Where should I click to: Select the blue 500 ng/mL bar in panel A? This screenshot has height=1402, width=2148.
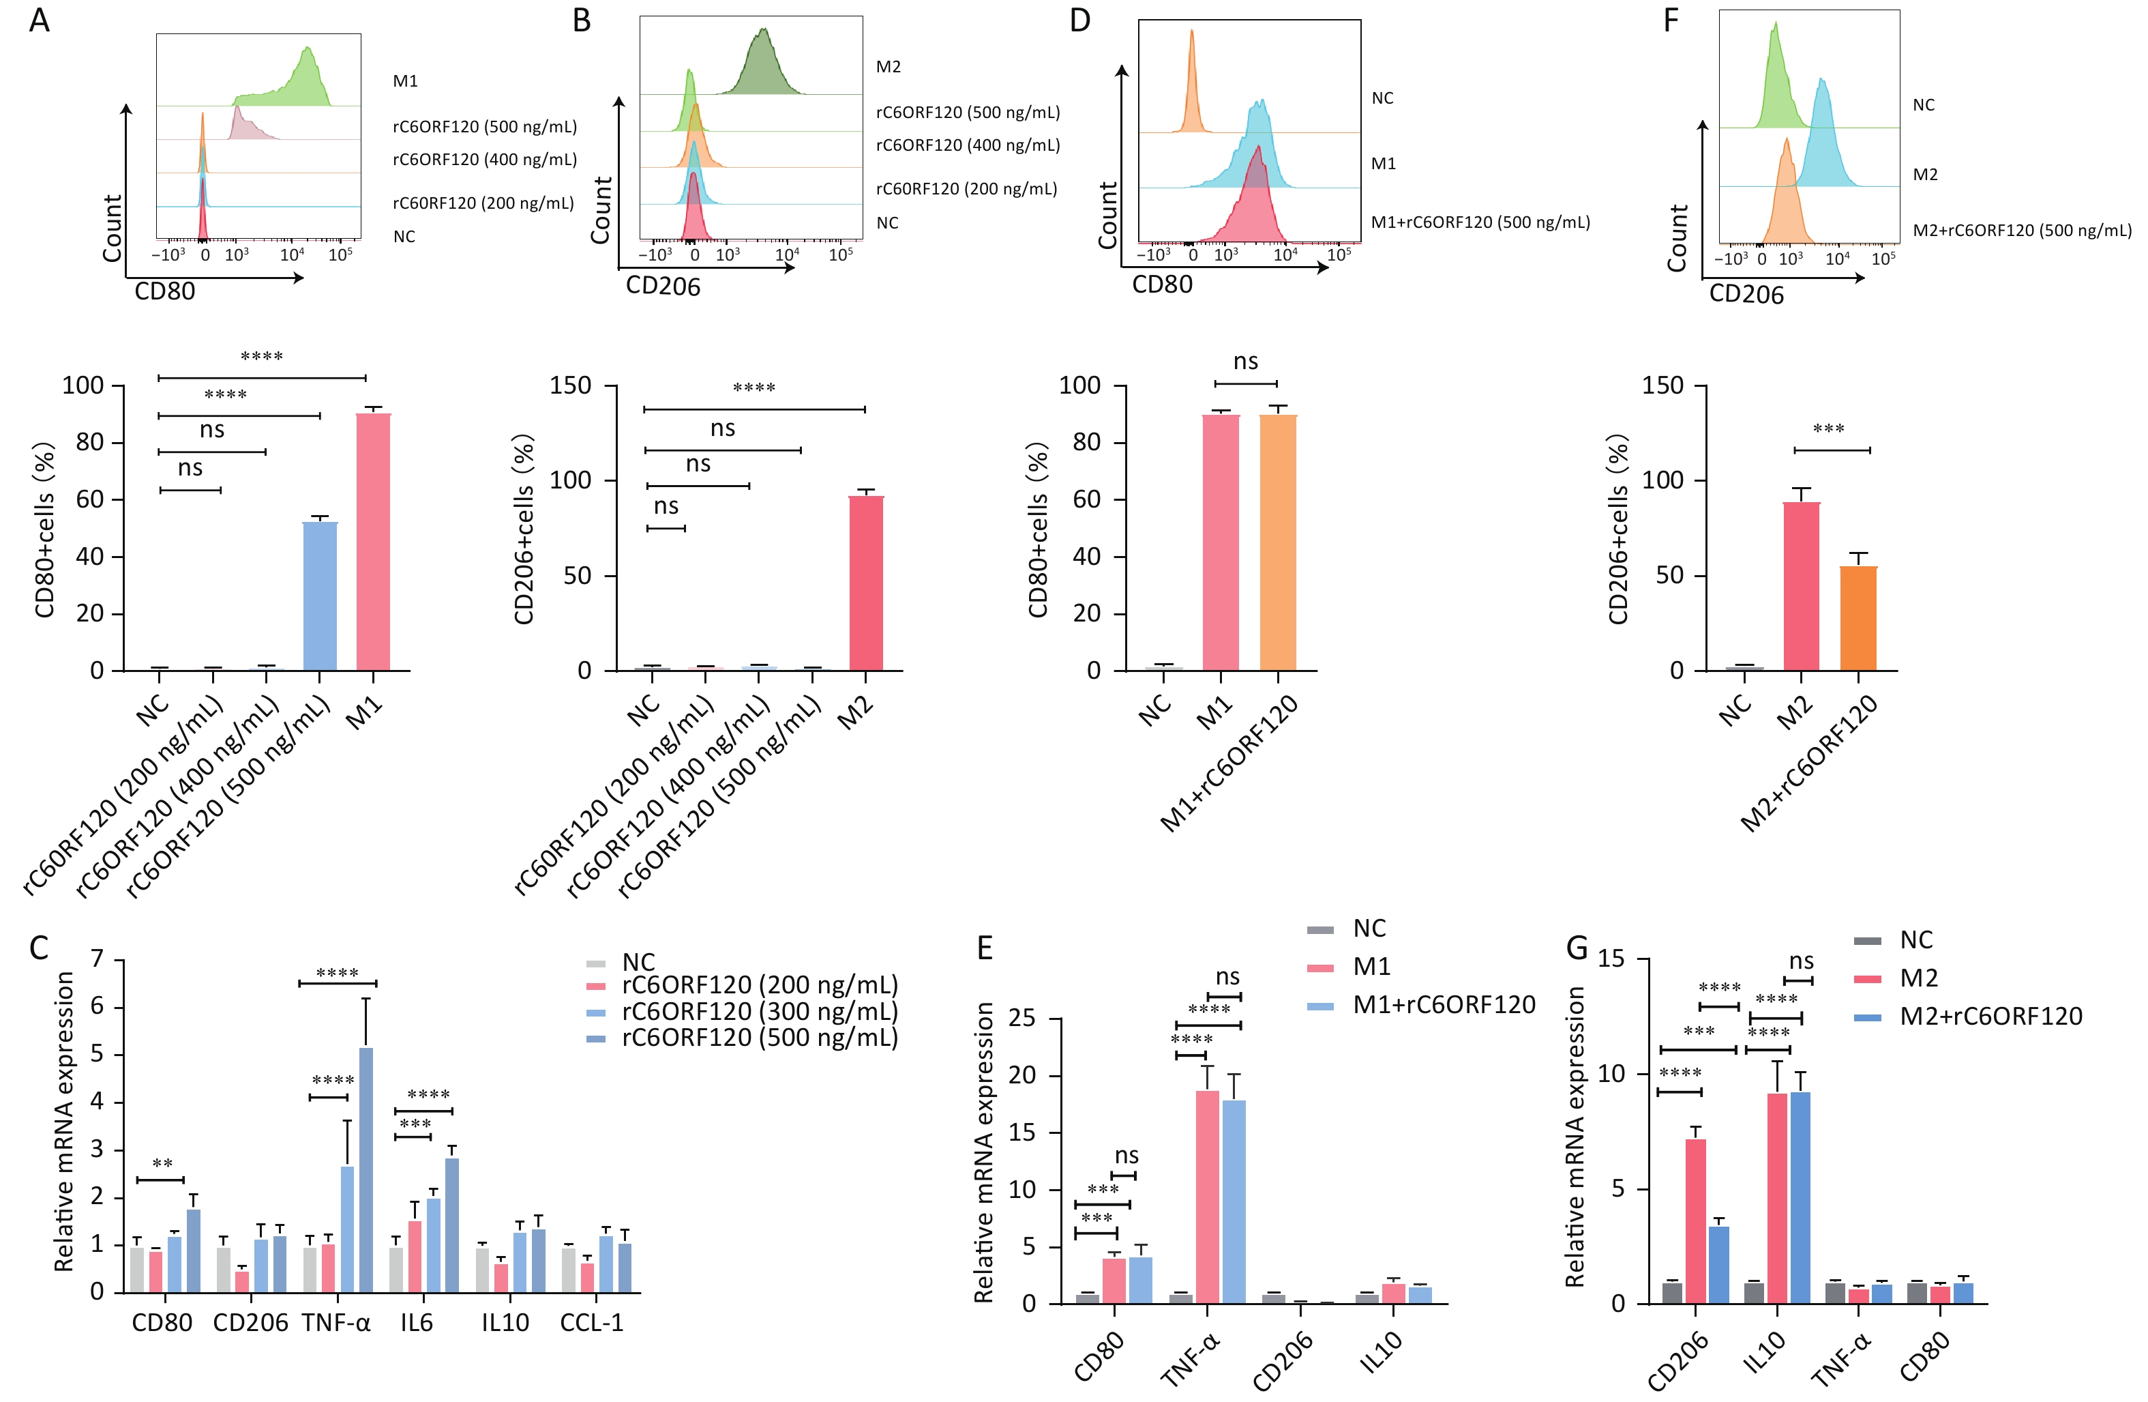[320, 596]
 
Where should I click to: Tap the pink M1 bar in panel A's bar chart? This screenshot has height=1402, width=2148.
[373, 542]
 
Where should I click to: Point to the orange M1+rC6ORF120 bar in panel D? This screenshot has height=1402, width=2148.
[1277, 542]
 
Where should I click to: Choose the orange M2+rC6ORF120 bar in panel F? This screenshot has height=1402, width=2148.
[1858, 618]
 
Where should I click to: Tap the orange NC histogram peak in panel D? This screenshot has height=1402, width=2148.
[1192, 81]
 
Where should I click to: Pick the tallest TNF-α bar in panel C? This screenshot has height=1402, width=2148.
[366, 1169]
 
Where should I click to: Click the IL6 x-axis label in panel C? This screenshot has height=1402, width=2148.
[417, 1323]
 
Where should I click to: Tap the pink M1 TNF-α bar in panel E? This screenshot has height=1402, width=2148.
[1207, 1196]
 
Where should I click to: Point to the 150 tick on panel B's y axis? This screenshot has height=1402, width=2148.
[570, 385]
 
